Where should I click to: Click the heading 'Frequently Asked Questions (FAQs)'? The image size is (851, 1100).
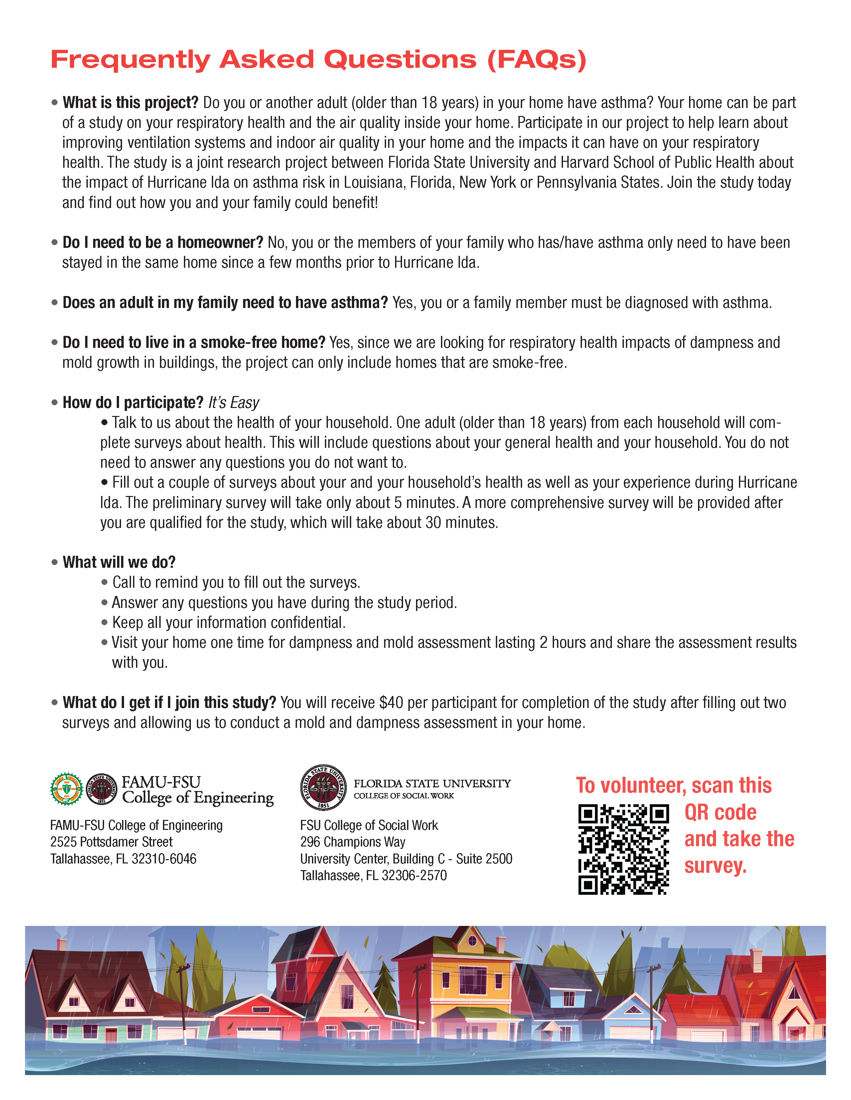[x=318, y=59]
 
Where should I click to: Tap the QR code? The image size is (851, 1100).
[x=623, y=849]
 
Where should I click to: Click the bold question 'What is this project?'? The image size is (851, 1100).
[x=131, y=103]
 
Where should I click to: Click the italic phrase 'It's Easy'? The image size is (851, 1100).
[x=233, y=403]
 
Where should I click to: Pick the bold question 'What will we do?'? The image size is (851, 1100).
[x=119, y=562]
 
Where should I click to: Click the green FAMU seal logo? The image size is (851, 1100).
[x=67, y=789]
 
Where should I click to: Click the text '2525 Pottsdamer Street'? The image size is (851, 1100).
[x=111, y=842]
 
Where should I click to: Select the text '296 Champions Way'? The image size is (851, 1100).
[x=353, y=842]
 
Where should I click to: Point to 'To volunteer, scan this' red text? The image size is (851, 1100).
[x=673, y=786]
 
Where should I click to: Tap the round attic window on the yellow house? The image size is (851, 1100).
[x=472, y=940]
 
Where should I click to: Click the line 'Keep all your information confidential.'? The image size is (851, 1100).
[x=229, y=623]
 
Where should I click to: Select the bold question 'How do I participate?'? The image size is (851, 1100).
[x=133, y=403]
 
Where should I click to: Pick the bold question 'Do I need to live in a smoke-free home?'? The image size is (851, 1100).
[x=194, y=343]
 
